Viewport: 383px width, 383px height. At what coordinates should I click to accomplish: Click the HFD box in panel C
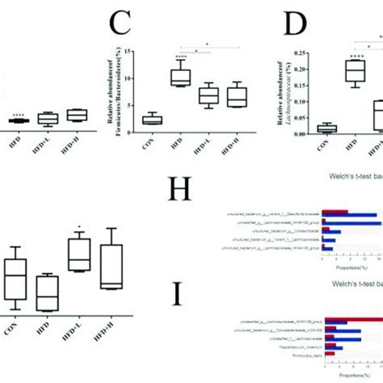(x=178, y=78)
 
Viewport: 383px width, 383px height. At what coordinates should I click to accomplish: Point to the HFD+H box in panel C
(x=238, y=95)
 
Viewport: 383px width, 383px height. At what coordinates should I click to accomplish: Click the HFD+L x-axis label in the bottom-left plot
(x=78, y=333)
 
